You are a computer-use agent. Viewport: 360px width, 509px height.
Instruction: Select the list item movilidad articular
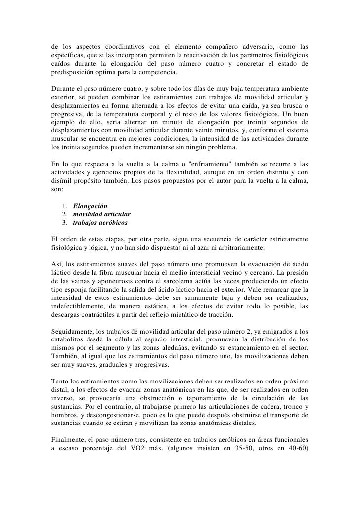click(102, 214)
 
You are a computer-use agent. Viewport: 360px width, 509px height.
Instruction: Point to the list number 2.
click(65, 214)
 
